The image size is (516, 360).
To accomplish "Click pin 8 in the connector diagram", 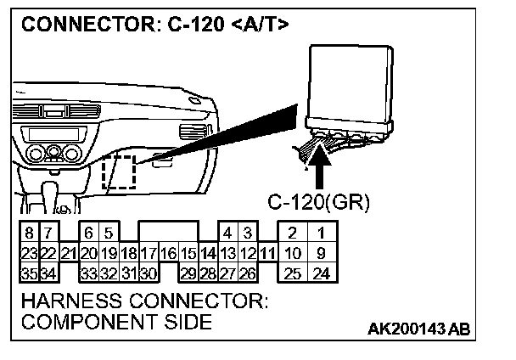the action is click(x=29, y=233).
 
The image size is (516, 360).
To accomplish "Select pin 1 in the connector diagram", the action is click(x=321, y=233).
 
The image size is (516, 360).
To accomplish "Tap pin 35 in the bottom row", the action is click(x=29, y=273).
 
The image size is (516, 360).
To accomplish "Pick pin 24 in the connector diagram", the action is click(x=321, y=273).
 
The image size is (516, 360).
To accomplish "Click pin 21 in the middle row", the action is click(x=69, y=252).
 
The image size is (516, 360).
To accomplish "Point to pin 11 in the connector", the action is click(x=267, y=252).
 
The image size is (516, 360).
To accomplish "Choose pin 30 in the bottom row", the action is click(x=148, y=273).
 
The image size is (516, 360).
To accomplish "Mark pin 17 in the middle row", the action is click(x=148, y=252).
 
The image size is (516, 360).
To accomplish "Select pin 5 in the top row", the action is click(x=108, y=233).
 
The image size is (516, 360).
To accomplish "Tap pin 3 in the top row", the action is click(x=247, y=233).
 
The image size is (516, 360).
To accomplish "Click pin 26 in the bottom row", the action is click(x=247, y=273).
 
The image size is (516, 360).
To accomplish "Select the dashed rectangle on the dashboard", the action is click(x=118, y=172).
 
